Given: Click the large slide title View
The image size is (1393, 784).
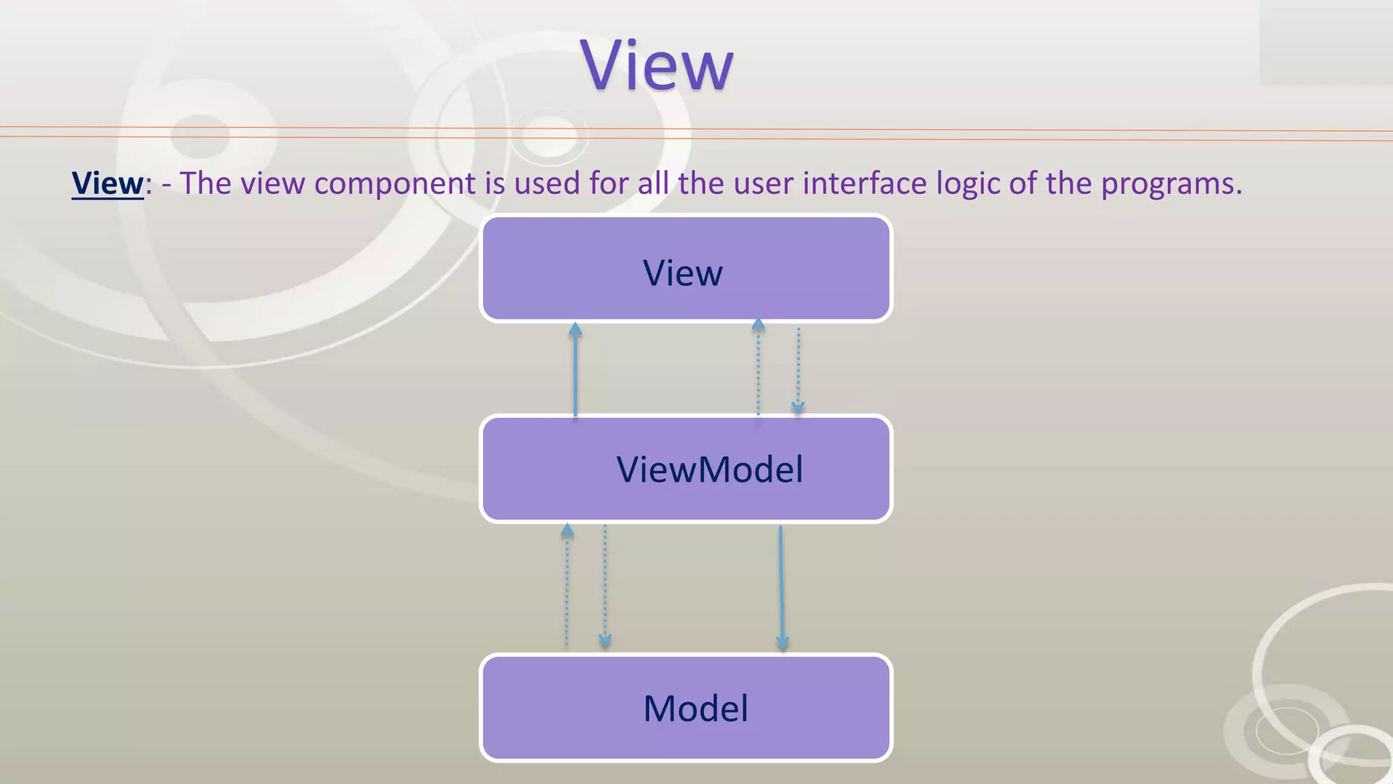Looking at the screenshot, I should tap(657, 65).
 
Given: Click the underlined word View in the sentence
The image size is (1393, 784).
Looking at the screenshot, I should tap(107, 183).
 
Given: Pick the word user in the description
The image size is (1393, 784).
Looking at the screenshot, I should tap(756, 183).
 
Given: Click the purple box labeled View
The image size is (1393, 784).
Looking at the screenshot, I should tap(686, 269).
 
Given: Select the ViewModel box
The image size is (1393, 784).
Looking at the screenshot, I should tap(686, 469).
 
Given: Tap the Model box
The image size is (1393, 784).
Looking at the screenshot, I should tap(686, 708).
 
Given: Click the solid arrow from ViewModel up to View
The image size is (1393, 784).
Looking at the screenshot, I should tap(575, 371).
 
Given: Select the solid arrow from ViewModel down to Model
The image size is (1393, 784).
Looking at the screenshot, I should tap(782, 585).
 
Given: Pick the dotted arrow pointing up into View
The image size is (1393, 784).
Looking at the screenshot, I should tap(758, 371).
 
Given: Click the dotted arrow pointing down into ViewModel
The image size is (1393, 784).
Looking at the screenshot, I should tap(798, 371).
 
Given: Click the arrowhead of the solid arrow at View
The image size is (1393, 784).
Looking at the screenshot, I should tap(575, 329).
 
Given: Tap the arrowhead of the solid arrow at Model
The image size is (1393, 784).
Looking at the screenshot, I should tap(782, 642).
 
